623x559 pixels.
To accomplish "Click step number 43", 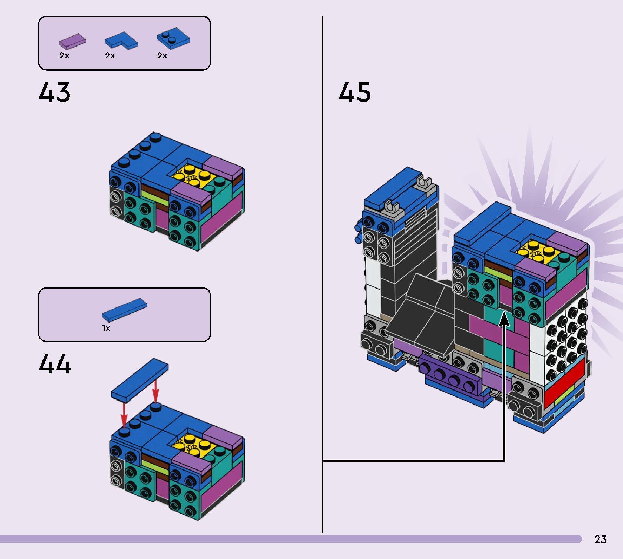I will (54, 92).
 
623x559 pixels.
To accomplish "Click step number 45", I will (355, 92).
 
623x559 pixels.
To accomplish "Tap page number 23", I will (600, 539).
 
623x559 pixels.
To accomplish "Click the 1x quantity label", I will (106, 328).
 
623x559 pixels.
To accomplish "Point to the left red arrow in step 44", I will (124, 414).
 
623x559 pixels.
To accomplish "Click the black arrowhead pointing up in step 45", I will (504, 320).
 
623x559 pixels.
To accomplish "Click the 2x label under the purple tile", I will (64, 56).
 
